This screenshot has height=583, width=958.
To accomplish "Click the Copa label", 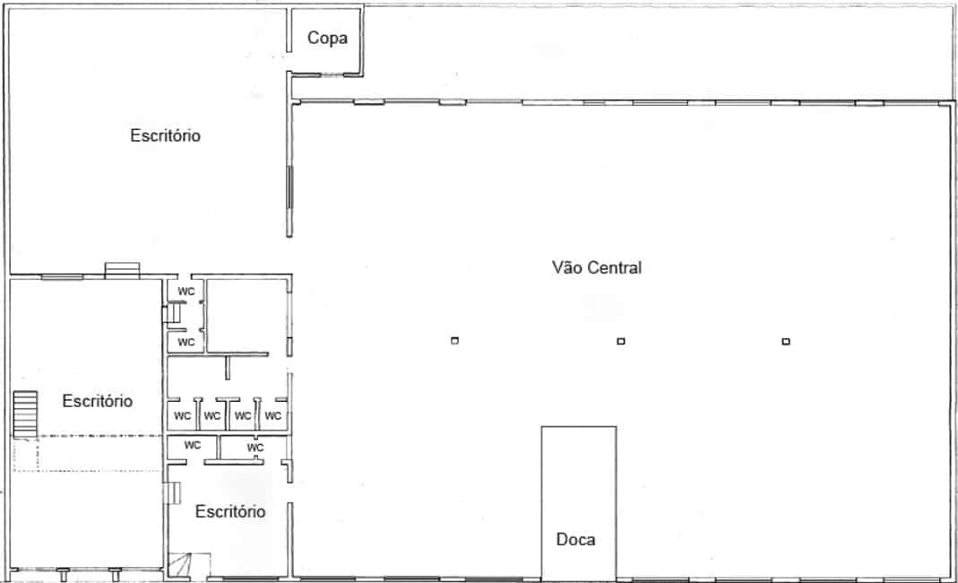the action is (x=327, y=38).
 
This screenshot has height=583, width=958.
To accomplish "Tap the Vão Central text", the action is (x=596, y=267).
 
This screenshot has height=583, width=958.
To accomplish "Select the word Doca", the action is (x=575, y=539).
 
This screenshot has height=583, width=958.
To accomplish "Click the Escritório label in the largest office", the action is (x=165, y=135).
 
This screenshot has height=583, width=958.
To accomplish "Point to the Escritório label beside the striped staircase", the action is (x=97, y=401).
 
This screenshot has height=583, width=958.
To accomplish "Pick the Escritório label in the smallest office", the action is (x=229, y=511).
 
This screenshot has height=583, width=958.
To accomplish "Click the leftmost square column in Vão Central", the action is (x=454, y=341).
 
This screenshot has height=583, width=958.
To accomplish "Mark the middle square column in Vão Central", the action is (x=621, y=342).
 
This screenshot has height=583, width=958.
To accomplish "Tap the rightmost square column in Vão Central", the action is (x=786, y=342).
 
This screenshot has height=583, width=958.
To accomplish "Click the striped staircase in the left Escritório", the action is (x=25, y=414).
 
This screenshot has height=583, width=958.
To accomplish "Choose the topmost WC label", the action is (x=186, y=291).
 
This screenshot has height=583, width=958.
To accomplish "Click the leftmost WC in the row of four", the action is (x=182, y=416).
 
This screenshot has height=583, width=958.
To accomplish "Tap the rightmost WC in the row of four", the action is (x=273, y=416).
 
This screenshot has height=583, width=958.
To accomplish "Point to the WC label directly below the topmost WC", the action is (x=186, y=342).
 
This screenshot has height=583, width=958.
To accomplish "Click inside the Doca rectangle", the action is (x=579, y=490).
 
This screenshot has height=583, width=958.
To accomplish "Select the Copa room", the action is (x=326, y=41).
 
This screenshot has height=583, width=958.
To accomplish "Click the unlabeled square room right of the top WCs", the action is (x=246, y=316).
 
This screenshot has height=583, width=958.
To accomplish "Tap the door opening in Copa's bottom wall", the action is (x=332, y=75).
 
